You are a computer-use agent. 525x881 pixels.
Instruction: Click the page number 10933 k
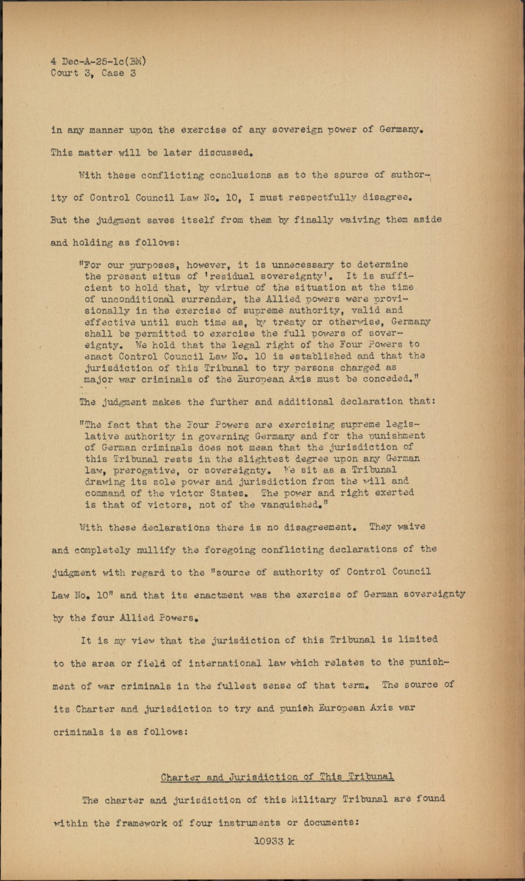tap(274, 841)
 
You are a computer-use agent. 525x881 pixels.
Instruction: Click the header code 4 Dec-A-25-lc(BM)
tap(99, 61)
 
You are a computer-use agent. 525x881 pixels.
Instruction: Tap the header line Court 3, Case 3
tap(93, 73)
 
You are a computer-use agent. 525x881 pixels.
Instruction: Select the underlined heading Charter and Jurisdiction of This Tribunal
tap(277, 777)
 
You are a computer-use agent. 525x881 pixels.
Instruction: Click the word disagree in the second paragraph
tap(389, 197)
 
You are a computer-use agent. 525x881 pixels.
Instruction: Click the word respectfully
tap(318, 197)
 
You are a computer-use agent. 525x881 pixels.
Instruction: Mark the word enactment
tap(209, 595)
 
